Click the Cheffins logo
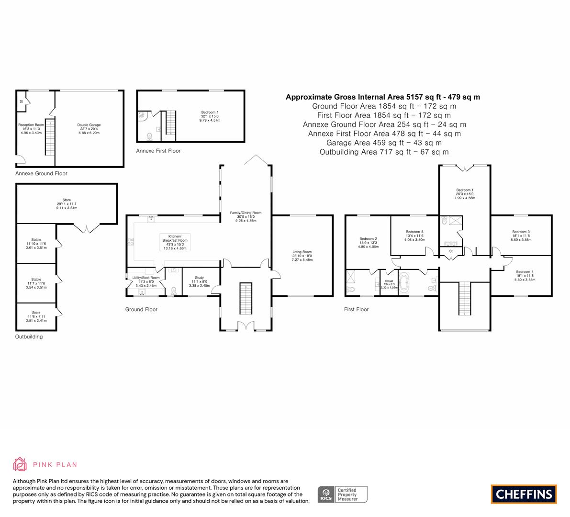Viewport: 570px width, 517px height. pos(524,494)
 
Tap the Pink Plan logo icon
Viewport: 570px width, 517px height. pos(20,464)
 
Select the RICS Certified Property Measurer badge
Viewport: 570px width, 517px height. pos(343,494)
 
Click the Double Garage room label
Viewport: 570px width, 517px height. pos(89,128)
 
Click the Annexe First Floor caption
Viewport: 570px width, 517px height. pos(158,151)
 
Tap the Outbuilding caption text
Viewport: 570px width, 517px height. pos(29,337)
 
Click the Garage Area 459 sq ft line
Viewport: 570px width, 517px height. pos(384,143)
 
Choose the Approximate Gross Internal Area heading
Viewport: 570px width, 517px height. pos(382,97)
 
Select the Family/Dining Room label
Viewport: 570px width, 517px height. pos(246,216)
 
